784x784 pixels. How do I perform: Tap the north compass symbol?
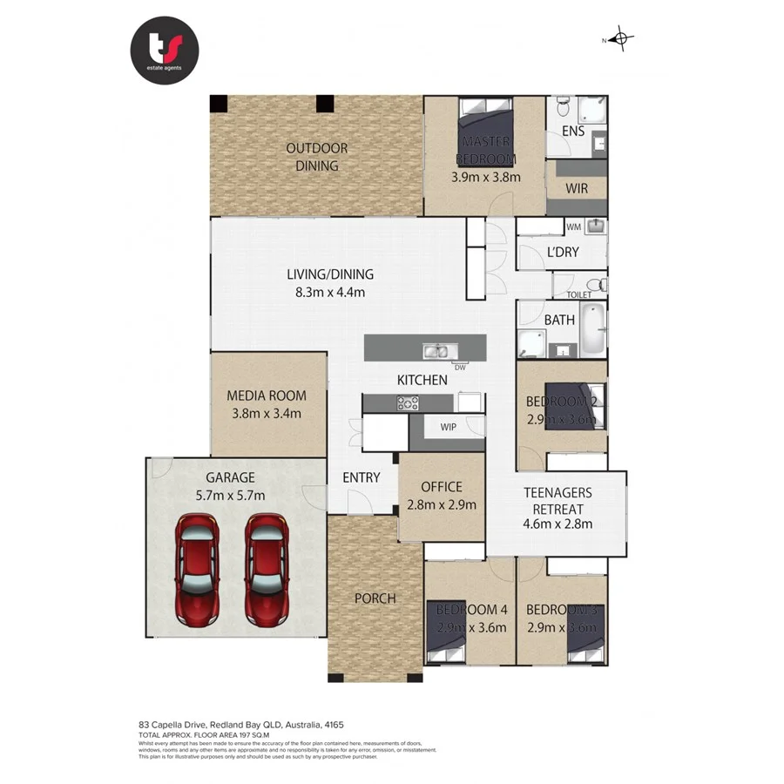click(620, 38)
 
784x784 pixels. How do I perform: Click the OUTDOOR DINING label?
click(317, 157)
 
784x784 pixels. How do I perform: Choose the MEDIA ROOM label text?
click(267, 395)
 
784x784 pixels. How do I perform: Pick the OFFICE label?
click(442, 487)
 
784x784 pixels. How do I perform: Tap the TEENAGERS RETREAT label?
click(558, 500)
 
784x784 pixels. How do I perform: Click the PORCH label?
click(375, 598)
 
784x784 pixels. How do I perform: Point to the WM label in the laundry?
click(573, 227)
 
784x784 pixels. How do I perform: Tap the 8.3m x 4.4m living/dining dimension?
click(330, 293)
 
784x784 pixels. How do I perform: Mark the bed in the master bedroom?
click(486, 131)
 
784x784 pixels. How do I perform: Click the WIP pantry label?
click(449, 428)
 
